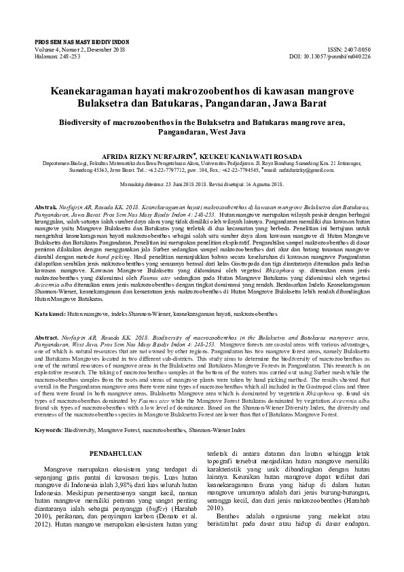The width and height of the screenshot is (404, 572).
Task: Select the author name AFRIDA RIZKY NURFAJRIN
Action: (151, 156)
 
